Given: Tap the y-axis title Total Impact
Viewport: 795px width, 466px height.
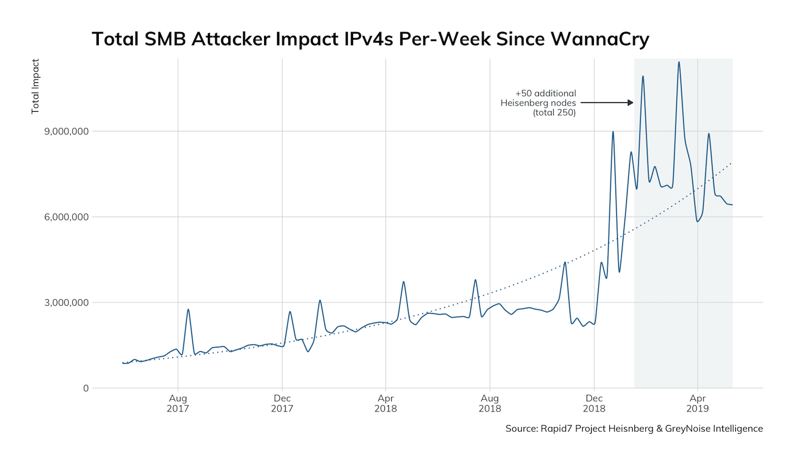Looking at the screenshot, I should coord(36,86).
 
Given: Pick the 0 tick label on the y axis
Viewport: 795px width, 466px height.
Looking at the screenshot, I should coord(86,388).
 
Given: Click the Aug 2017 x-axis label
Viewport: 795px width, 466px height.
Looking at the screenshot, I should coord(178,403).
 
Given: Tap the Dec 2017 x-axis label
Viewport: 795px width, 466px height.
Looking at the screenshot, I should coord(282,403).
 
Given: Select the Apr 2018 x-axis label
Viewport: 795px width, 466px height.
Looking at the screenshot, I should coord(386,403).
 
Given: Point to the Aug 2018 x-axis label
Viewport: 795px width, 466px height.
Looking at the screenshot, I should coord(489,403).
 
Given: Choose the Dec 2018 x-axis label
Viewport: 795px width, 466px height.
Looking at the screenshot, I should coord(593,403).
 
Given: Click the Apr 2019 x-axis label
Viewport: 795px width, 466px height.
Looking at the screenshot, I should coord(697,403).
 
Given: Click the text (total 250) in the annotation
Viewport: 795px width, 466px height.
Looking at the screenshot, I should coord(554,113).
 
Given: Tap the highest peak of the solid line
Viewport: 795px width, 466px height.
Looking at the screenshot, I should coord(679,62).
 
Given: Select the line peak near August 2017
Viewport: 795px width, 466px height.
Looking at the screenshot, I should coord(188,309).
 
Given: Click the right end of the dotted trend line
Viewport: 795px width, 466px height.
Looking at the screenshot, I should coord(731,163).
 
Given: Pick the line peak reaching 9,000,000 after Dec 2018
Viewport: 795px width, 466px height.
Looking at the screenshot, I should coord(613,132).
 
